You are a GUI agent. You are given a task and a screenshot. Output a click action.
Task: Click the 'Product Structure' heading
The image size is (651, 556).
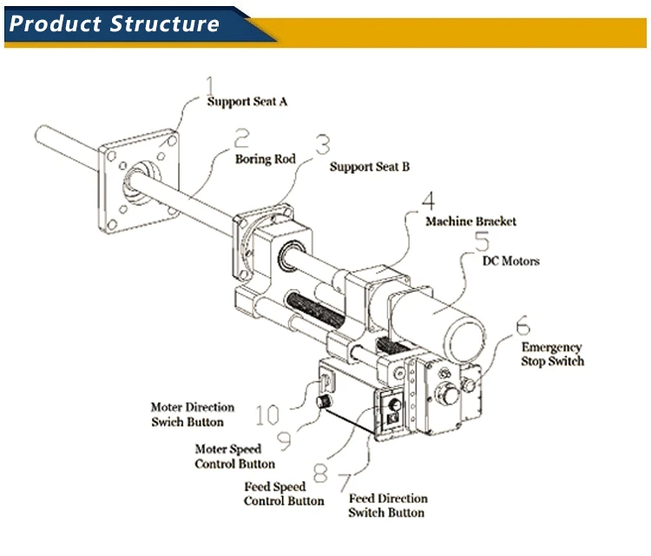coord(114,23)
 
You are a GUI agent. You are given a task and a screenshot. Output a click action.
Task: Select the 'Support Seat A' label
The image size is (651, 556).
coord(247,102)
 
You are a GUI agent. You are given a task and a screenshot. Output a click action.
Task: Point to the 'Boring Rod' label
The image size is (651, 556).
coord(266,160)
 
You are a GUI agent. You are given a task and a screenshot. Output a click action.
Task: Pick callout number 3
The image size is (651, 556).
coord(323,143)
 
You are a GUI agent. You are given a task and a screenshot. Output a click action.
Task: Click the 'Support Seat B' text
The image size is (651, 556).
coord(369,167)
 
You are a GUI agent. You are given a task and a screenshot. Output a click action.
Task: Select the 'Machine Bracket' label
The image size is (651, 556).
coord(470,222)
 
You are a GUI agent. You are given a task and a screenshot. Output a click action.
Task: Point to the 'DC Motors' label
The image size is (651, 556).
coord(510,261)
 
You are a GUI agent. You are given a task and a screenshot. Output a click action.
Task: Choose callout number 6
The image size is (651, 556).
coord(522,328)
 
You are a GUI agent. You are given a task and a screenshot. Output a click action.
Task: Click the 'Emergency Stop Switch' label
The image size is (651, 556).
coord(552,354)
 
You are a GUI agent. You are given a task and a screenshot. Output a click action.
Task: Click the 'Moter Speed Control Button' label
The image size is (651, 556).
coord(234,457)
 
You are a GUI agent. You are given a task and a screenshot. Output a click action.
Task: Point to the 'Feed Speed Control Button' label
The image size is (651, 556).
coord(284,494)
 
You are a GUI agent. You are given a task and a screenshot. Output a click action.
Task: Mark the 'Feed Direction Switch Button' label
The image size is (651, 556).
coord(388,506)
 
